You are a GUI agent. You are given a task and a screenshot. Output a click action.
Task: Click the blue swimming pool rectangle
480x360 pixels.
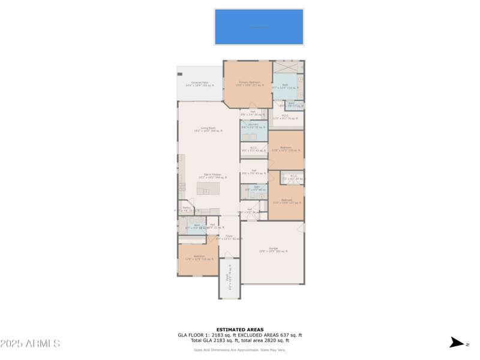pyautogui.click(x=259, y=27)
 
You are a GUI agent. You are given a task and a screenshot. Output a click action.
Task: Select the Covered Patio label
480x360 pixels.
pyautogui.click(x=200, y=84)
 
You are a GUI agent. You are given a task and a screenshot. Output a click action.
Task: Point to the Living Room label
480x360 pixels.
pyautogui.click(x=208, y=129)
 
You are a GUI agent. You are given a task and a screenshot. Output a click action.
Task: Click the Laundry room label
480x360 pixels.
pyautogui.click(x=253, y=126)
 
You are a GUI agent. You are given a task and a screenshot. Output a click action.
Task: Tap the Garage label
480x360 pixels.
pyautogui.click(x=273, y=250)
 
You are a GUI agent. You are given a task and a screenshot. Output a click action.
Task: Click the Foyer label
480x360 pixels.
pyautogui.click(x=229, y=238)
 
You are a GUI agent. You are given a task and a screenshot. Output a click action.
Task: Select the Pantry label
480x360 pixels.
pyautogui.click(x=187, y=209)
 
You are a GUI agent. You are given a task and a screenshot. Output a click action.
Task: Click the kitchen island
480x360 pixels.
pyautogui.click(x=208, y=189)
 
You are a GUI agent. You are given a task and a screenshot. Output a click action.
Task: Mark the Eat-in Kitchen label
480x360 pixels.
pyautogui.click(x=212, y=176)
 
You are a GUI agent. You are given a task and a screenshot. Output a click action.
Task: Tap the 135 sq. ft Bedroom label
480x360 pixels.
pyautogui.click(x=286, y=149)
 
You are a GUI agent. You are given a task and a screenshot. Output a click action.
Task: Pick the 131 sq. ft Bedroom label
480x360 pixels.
pyautogui.click(x=199, y=257)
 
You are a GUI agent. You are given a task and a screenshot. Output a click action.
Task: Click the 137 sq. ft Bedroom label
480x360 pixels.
pyautogui.click(x=287, y=201)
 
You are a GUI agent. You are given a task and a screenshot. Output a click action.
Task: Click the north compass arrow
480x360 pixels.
pyautogui.click(x=457, y=343)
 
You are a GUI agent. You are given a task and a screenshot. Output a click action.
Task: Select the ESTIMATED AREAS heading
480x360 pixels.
pyautogui.click(x=240, y=329)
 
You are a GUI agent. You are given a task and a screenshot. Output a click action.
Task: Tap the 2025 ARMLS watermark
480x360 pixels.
pyautogui.click(x=30, y=344)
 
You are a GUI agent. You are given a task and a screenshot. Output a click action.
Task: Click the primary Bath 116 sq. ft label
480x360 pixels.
pyautogui.click(x=285, y=86)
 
